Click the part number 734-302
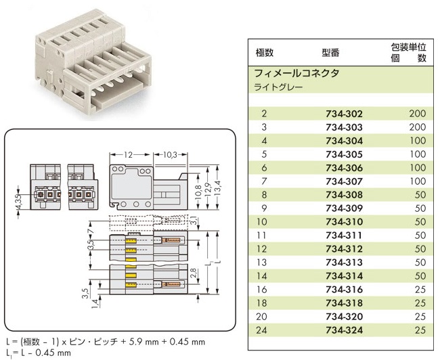[344, 114]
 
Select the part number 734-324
[344, 330]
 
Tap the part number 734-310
[344, 222]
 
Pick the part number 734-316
[344, 289]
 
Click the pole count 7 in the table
[263, 181]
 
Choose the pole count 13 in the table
[263, 262]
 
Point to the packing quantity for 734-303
[417, 127]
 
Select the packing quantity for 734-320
[418, 316]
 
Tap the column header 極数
[264, 53]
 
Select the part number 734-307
[344, 181]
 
